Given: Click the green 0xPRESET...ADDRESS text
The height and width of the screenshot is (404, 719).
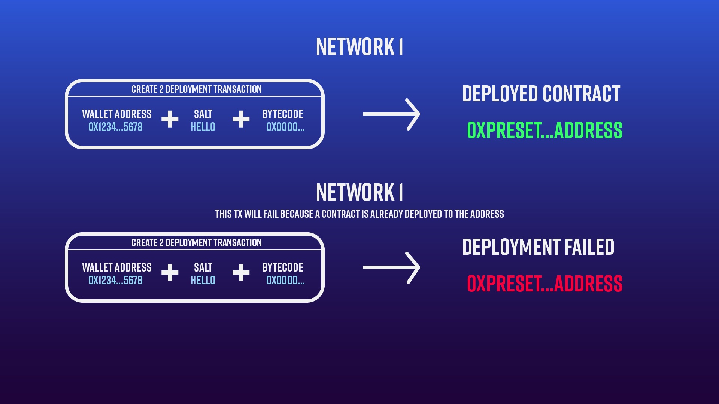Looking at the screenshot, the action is [x=544, y=130].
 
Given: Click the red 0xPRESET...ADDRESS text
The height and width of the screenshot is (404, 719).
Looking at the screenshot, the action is [x=544, y=284].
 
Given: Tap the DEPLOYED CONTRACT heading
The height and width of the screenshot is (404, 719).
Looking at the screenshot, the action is [x=541, y=94].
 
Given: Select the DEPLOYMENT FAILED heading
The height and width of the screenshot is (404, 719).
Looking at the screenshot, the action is [x=538, y=247].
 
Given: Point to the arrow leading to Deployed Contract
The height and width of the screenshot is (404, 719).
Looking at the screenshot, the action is [x=391, y=114].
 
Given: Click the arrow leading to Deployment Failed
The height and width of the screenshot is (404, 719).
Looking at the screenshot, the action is [x=391, y=267].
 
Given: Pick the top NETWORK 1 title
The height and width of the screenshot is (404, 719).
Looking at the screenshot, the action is [x=359, y=47].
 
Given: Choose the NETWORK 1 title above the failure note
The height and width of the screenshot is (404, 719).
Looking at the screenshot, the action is [x=359, y=192].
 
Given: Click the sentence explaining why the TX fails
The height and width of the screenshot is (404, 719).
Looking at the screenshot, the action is [x=359, y=214].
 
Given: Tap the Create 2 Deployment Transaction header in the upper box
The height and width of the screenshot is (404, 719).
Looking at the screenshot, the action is [x=197, y=89].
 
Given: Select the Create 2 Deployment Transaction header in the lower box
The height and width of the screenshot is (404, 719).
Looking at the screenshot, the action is [x=197, y=242].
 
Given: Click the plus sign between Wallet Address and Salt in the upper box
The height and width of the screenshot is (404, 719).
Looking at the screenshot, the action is [x=170, y=119].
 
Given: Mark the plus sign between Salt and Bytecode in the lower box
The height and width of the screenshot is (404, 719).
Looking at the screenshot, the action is [x=241, y=272].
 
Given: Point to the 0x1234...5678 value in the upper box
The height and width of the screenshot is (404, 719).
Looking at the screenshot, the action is [x=115, y=127].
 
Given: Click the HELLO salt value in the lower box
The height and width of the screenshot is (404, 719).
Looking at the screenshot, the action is [x=203, y=281].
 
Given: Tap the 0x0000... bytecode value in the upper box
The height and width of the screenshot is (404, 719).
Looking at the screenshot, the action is [x=285, y=127].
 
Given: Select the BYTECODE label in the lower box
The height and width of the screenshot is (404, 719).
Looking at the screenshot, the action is [x=283, y=267].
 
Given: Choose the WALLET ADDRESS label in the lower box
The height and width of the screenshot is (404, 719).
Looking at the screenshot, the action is [x=117, y=267].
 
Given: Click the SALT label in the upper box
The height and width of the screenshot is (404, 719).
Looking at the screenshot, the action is [x=203, y=114].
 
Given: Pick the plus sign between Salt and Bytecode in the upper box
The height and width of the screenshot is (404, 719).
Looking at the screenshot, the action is [x=241, y=119].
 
